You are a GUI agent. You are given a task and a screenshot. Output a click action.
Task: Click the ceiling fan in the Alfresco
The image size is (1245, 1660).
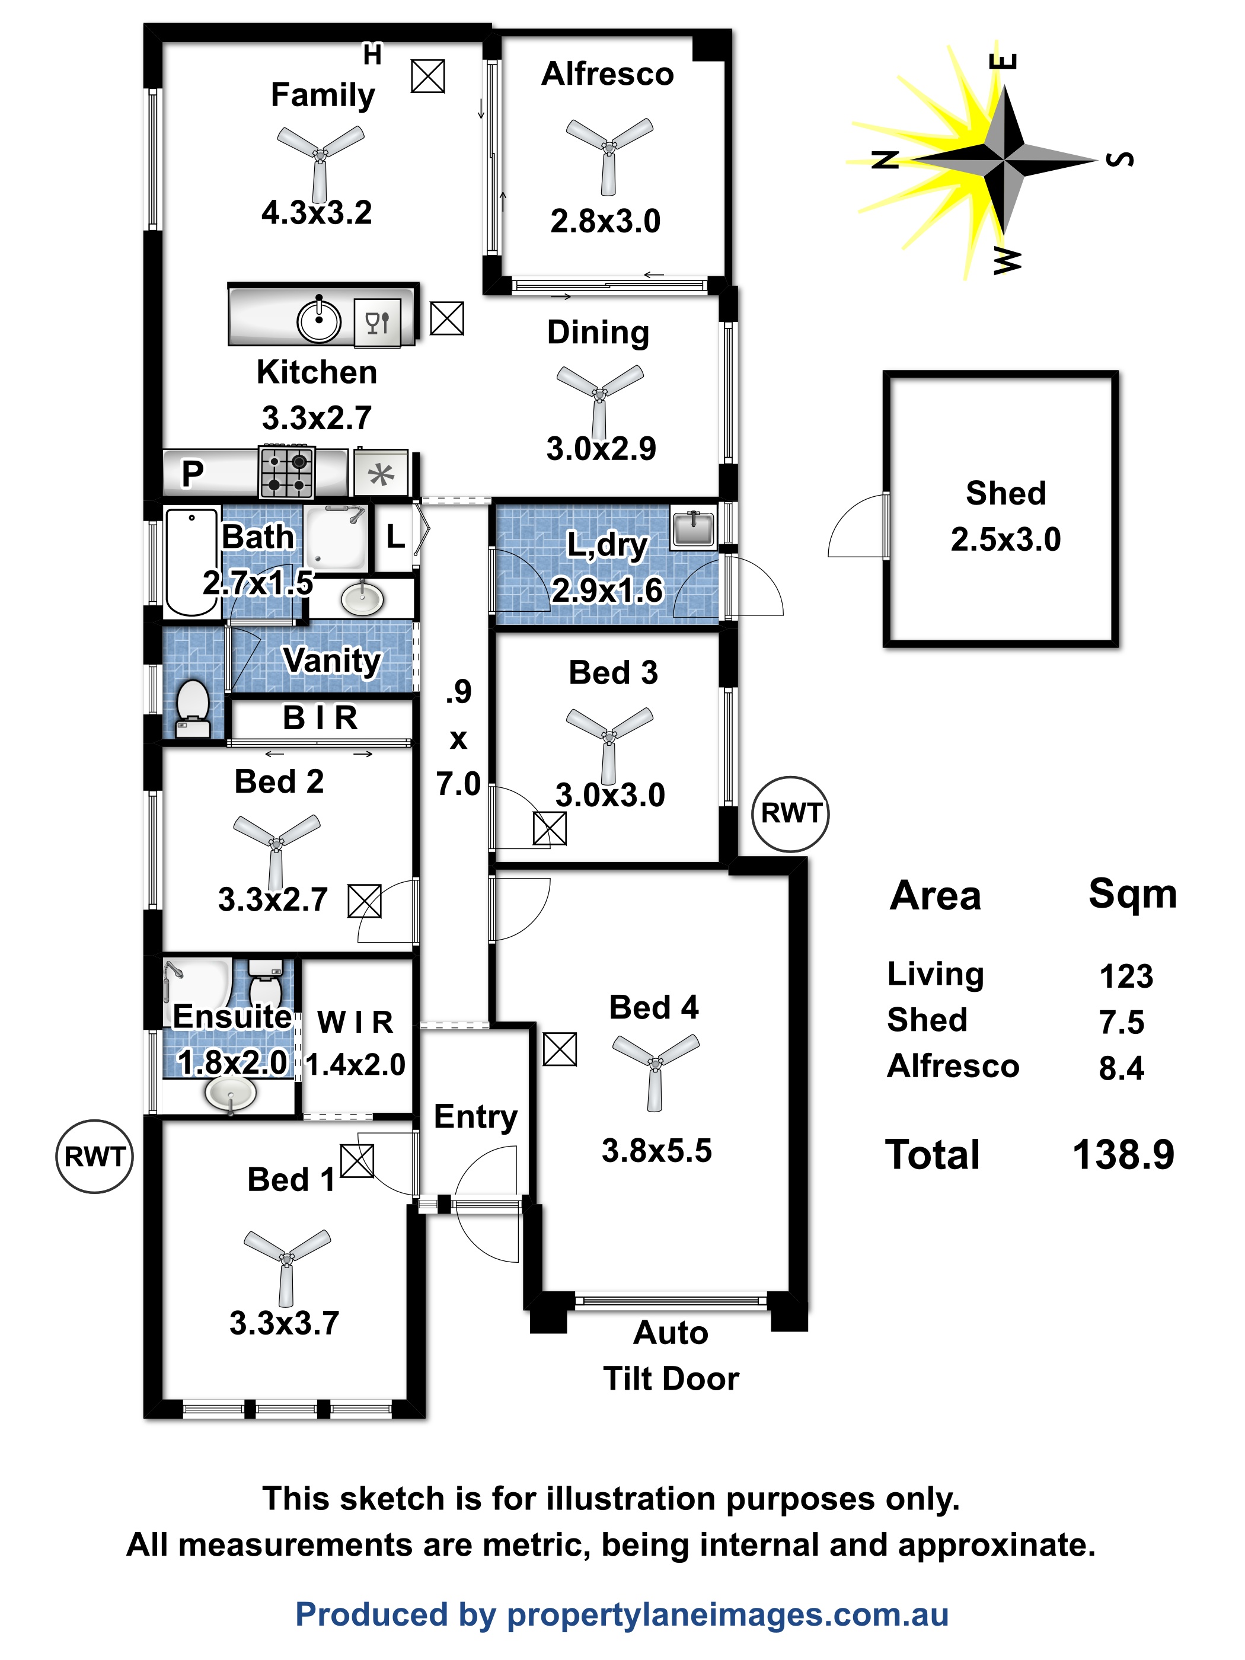[x=609, y=150]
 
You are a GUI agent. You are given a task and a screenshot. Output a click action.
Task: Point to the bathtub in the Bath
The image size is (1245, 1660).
[x=191, y=561]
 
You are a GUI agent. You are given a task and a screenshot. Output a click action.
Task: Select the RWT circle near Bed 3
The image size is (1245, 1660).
[x=791, y=814]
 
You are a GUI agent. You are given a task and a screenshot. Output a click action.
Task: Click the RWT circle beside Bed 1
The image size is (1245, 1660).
[x=94, y=1157]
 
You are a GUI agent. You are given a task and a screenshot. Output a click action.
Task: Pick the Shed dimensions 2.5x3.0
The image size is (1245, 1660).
[x=1005, y=539]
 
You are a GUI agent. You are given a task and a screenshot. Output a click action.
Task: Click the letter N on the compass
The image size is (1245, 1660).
[x=886, y=159]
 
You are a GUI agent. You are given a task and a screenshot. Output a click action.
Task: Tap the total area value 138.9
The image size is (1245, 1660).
[x=1123, y=1154]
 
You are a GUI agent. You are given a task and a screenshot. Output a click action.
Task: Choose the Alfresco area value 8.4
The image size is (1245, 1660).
[x=1121, y=1068]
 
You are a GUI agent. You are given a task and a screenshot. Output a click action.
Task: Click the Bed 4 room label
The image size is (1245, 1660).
[x=654, y=1007]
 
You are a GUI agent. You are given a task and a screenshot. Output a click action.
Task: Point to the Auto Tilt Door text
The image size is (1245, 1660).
[x=671, y=1355]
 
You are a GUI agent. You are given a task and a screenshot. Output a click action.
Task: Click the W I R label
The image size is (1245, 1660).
[x=355, y=1022]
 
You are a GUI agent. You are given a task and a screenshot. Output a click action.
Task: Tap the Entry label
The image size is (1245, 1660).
[x=476, y=1118]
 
